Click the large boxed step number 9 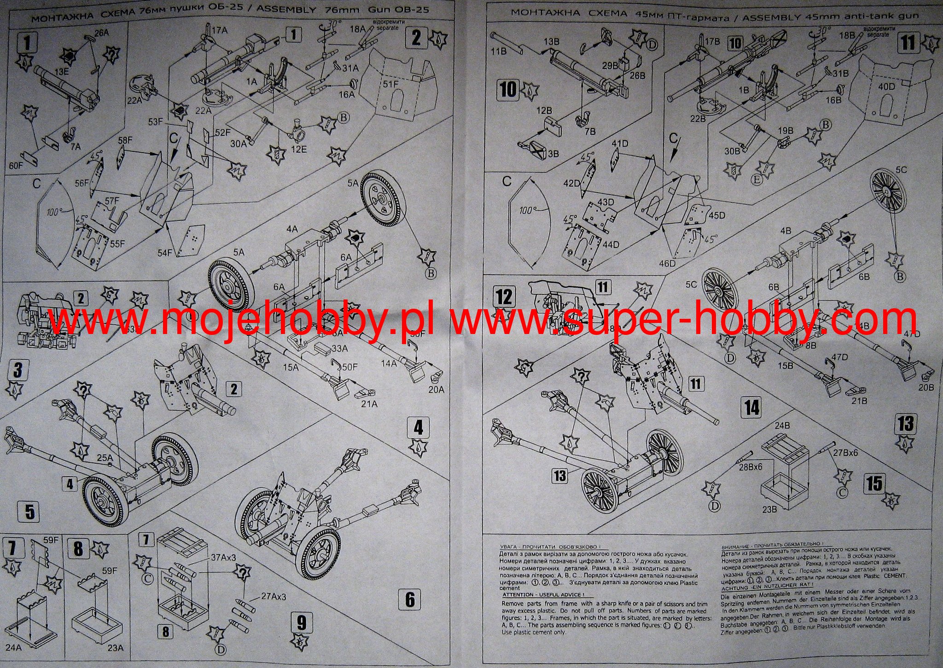point(301,623)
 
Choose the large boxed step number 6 point(410,599)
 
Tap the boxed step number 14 point(752,408)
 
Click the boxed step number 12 point(504,297)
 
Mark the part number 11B point(498,51)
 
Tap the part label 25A point(105,458)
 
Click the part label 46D point(667,263)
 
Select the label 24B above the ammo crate point(782,426)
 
